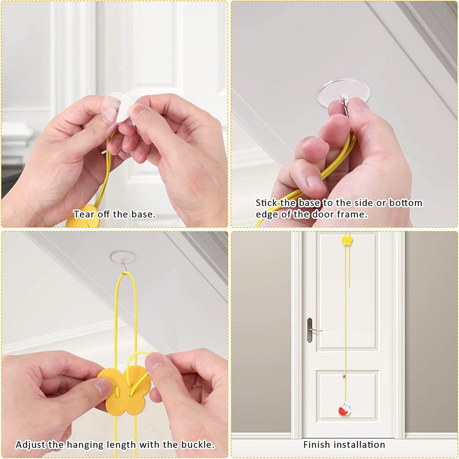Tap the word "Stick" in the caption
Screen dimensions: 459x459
point(266,203)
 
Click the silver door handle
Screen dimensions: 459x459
point(312,330)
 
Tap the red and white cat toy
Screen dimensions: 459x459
point(345,410)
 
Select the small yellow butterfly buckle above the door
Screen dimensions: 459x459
point(347,241)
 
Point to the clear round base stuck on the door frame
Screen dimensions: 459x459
point(343,93)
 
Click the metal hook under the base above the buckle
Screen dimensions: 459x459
point(124,267)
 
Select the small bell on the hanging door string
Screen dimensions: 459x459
point(344,376)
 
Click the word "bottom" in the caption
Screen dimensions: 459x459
point(406,203)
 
